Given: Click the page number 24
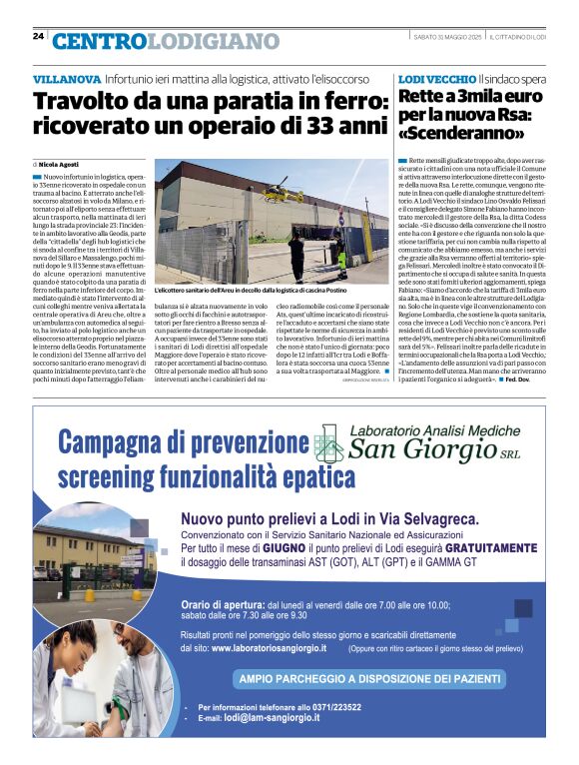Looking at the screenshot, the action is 37,37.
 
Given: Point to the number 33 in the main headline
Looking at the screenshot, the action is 330,127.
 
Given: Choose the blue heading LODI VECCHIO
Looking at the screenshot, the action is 436,78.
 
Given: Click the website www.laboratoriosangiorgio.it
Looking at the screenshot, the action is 296,647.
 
